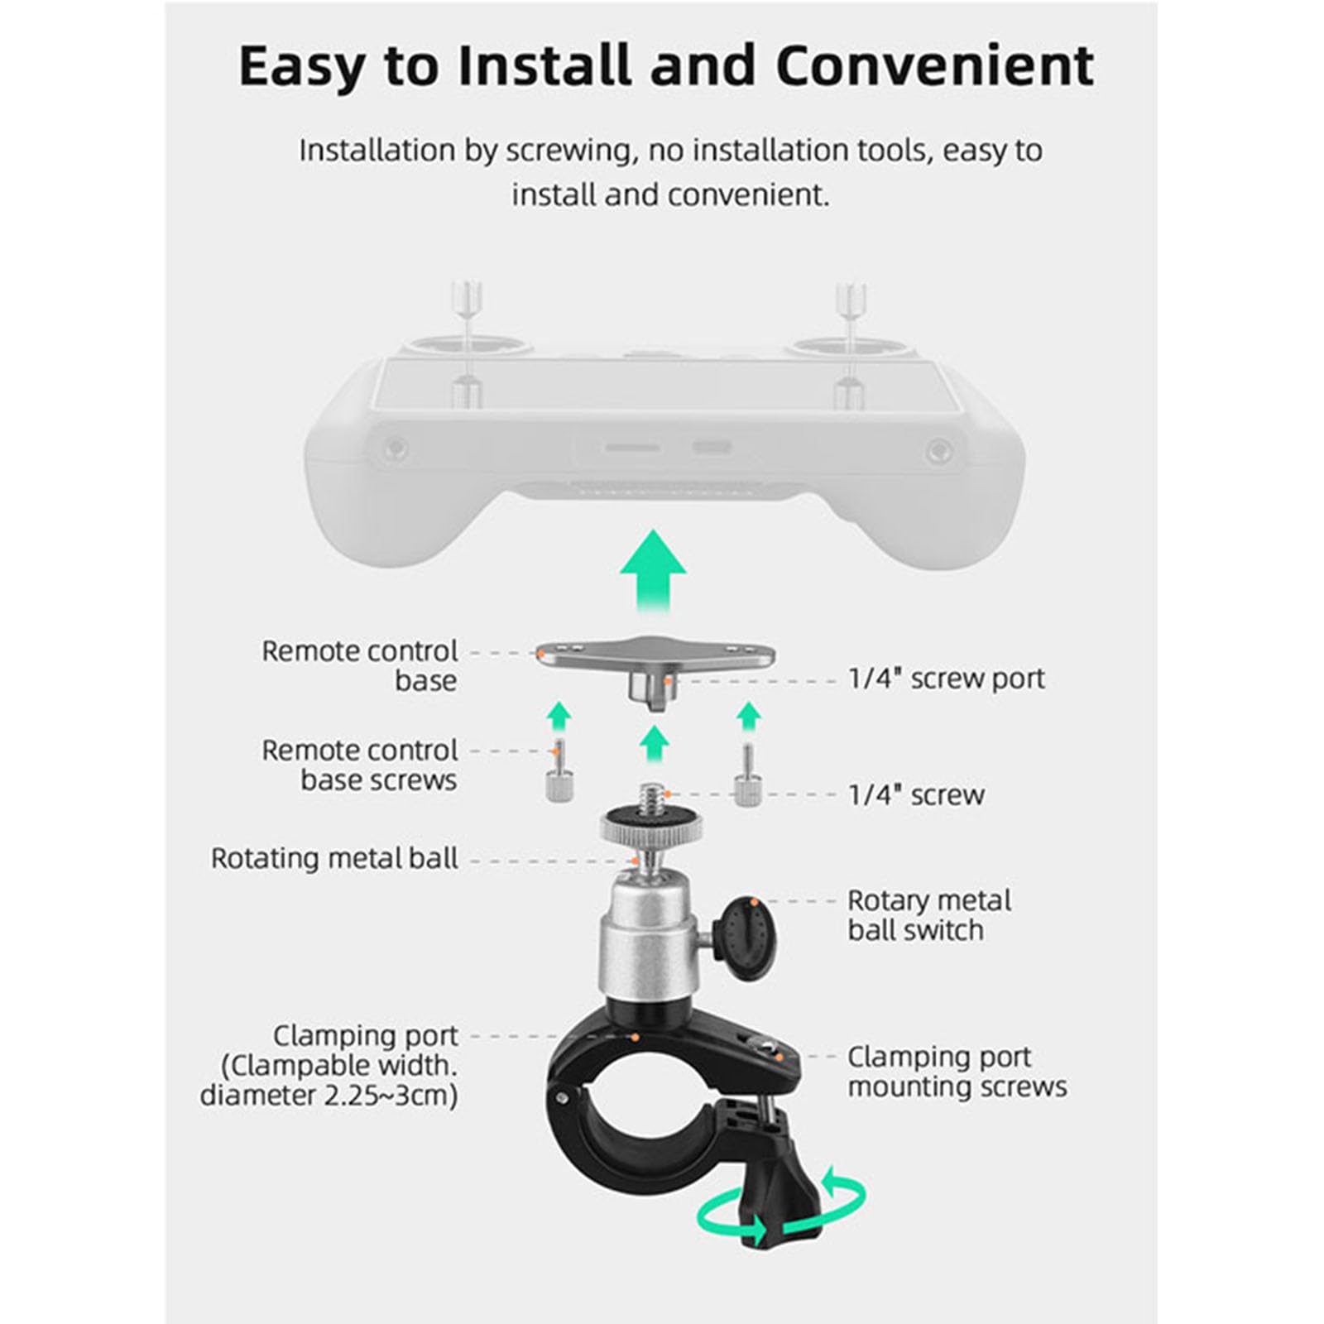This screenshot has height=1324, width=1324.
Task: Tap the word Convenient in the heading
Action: [x=934, y=65]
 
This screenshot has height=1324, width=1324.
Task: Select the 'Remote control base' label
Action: [x=359, y=665]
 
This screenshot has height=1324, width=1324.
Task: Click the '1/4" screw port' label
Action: [x=947, y=679]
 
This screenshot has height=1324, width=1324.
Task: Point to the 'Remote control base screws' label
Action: [x=359, y=765]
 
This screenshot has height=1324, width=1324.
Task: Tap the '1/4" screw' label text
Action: [x=916, y=795]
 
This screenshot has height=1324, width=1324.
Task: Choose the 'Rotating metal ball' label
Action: [x=334, y=858]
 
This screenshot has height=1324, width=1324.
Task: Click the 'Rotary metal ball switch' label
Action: [x=928, y=915]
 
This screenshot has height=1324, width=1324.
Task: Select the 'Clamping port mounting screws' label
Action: [x=957, y=1072]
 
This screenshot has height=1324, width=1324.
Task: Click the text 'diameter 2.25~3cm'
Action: [x=329, y=1095]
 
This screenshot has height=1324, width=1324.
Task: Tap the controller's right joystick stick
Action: [x=850, y=323]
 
